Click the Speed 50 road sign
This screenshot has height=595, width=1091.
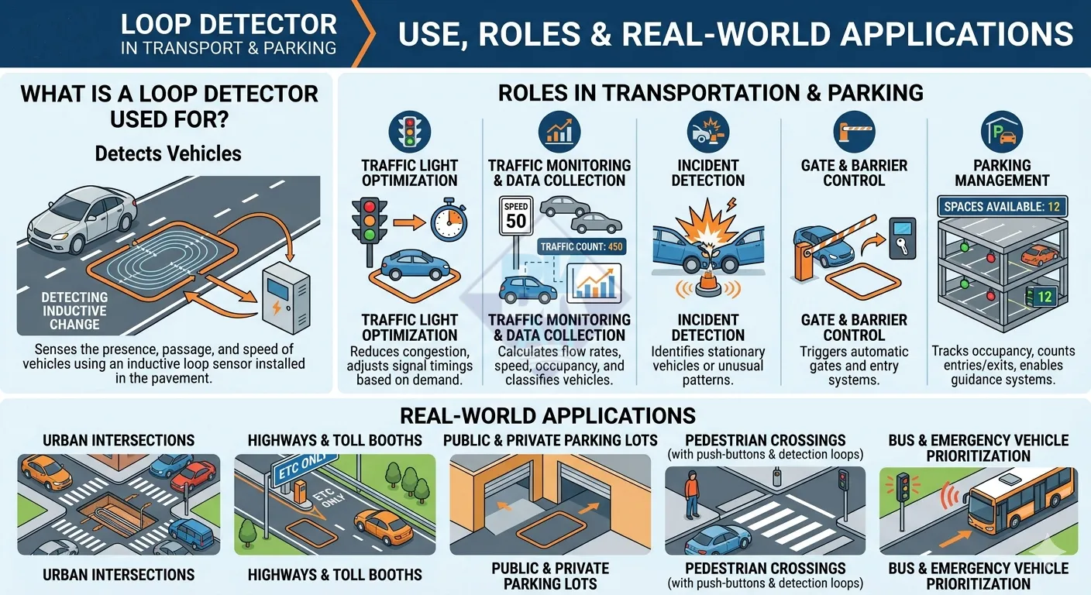[516, 215]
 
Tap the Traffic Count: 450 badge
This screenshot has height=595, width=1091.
[582, 246]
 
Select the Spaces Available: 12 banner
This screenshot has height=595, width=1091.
[1002, 206]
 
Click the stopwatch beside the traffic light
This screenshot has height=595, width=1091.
[449, 220]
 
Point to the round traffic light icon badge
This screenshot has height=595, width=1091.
[409, 132]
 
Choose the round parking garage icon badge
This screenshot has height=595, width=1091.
[1002, 132]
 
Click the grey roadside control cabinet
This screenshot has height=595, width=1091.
[286, 297]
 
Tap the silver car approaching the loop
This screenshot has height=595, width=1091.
[82, 219]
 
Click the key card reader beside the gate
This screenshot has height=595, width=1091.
[902, 238]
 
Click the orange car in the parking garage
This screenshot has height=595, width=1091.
[1039, 255]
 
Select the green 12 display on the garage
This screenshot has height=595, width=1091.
[1041, 297]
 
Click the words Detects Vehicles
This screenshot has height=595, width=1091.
[168, 153]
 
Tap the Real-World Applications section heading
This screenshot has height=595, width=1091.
[548, 416]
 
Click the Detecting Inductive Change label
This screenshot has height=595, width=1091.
[74, 311]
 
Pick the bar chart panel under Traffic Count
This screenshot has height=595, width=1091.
[594, 283]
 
